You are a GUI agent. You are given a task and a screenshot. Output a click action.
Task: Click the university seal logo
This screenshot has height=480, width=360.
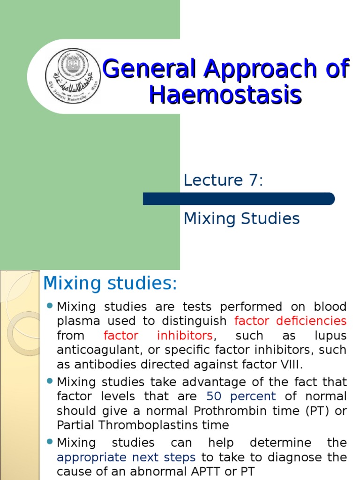click(73, 76)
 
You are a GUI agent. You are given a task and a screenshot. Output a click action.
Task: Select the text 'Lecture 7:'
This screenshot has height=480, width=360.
click(223, 180)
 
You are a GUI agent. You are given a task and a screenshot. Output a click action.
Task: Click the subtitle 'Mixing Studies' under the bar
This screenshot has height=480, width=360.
click(241, 218)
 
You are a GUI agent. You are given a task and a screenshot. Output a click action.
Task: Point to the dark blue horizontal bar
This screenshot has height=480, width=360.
click(239, 199)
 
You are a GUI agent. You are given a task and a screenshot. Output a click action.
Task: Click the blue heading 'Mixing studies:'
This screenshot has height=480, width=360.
click(110, 284)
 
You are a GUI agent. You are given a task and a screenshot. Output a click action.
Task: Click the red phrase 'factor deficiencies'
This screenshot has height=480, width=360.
click(290, 321)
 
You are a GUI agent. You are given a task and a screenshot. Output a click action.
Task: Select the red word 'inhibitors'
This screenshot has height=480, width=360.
click(191, 336)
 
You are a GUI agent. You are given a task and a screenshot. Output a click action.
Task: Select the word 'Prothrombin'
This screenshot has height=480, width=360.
click(223, 411)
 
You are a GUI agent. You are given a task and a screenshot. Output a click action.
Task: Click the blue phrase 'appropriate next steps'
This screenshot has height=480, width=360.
click(126, 457)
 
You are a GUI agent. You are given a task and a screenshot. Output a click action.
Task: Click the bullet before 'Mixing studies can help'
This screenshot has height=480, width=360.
click(50, 443)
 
